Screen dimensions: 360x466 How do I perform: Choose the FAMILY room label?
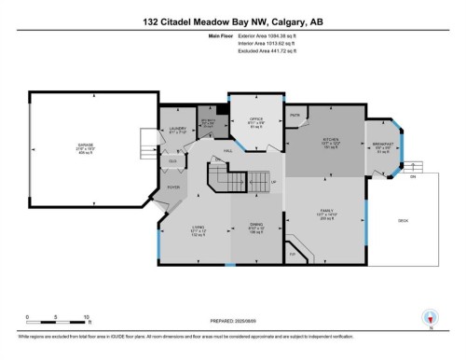pyautogui.click(x=325, y=212)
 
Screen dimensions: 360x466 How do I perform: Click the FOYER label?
pyautogui.click(x=172, y=187)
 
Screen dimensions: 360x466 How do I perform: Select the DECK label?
pyautogui.click(x=403, y=221)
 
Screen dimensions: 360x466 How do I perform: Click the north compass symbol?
pyautogui.click(x=430, y=317)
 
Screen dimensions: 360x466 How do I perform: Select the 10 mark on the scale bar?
pyautogui.click(x=86, y=316)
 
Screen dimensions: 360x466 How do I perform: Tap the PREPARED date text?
pyautogui.click(x=232, y=319)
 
